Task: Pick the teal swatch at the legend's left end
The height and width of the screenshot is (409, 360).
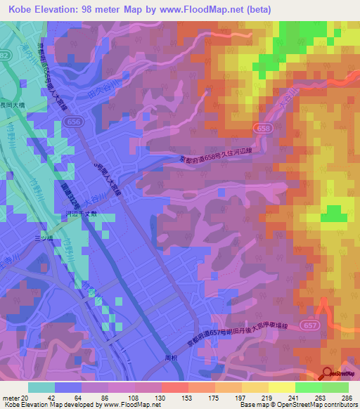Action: (41, 387)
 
